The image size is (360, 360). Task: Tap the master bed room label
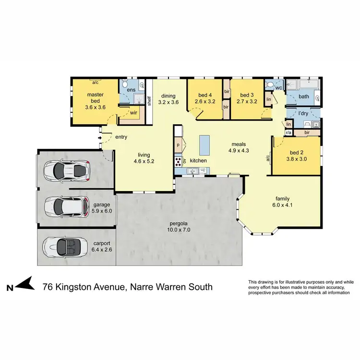[96, 98]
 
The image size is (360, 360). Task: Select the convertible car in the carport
[65, 247]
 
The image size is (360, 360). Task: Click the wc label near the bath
[278, 87]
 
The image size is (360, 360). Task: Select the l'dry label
[303, 114]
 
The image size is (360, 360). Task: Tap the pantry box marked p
[178, 144]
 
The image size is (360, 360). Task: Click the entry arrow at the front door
[100, 138]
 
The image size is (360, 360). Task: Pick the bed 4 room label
[204, 98]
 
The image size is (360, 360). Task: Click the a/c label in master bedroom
[96, 82]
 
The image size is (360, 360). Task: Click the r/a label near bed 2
[289, 132]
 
